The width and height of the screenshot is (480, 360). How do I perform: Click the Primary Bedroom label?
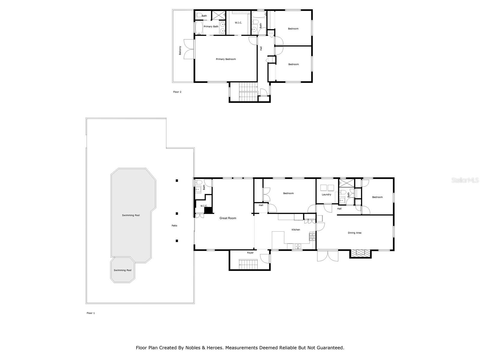pos(226,59)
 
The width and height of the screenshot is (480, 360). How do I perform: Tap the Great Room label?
pos(228,218)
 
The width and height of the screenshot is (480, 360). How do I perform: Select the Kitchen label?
pos(296,229)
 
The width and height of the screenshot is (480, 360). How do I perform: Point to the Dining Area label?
pos(355,233)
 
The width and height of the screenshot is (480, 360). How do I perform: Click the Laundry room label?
pos(326,194)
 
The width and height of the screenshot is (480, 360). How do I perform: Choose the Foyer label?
pos(250,253)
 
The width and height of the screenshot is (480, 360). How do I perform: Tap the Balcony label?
pos(180,50)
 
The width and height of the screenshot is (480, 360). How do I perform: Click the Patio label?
pos(174,226)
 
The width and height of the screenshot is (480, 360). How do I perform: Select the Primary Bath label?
pos(211,26)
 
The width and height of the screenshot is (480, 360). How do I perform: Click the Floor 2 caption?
pos(177,92)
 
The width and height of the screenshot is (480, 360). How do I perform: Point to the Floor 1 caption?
pos(91,313)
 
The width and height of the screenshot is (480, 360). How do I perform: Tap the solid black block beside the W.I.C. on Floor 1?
pos(208,210)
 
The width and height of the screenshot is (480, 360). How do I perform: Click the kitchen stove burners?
pos(312,237)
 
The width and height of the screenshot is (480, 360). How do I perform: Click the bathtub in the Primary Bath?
pos(199,28)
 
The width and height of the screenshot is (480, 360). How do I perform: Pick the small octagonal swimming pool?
pos(122,270)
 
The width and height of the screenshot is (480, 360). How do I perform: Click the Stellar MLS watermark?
pos(465,180)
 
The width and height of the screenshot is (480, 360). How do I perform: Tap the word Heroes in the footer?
pos(212,347)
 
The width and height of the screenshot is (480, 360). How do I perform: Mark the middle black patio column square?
pos(177,214)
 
